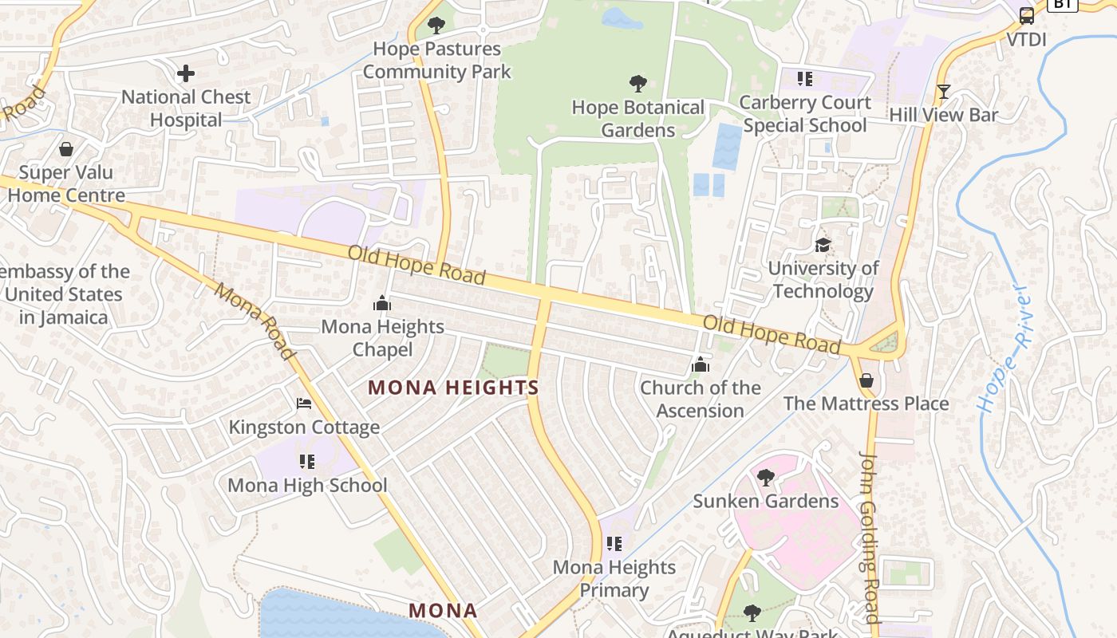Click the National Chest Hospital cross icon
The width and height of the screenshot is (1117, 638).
(x=186, y=74)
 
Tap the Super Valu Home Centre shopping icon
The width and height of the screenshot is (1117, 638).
(x=66, y=149)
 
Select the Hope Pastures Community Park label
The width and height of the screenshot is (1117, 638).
(x=436, y=61)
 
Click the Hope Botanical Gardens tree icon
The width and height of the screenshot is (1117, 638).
(x=637, y=84)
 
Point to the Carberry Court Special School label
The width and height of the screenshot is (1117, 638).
(x=804, y=114)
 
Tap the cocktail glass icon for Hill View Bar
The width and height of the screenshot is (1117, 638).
(x=944, y=92)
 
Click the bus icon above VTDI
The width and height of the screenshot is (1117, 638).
(x=1027, y=16)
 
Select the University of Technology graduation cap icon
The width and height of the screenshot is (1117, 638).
(x=823, y=245)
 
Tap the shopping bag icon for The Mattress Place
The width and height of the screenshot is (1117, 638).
(x=866, y=380)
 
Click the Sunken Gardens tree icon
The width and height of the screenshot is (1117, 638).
(x=766, y=478)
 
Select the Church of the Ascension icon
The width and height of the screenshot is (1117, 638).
(x=701, y=365)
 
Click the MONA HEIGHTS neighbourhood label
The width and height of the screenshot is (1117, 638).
(x=453, y=388)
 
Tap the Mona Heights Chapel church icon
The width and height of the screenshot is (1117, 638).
(x=382, y=304)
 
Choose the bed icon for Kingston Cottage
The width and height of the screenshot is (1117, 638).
(x=304, y=404)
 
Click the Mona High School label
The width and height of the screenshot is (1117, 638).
(x=307, y=485)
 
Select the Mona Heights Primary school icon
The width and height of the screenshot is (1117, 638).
(x=614, y=544)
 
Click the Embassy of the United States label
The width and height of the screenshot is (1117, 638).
(x=64, y=294)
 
